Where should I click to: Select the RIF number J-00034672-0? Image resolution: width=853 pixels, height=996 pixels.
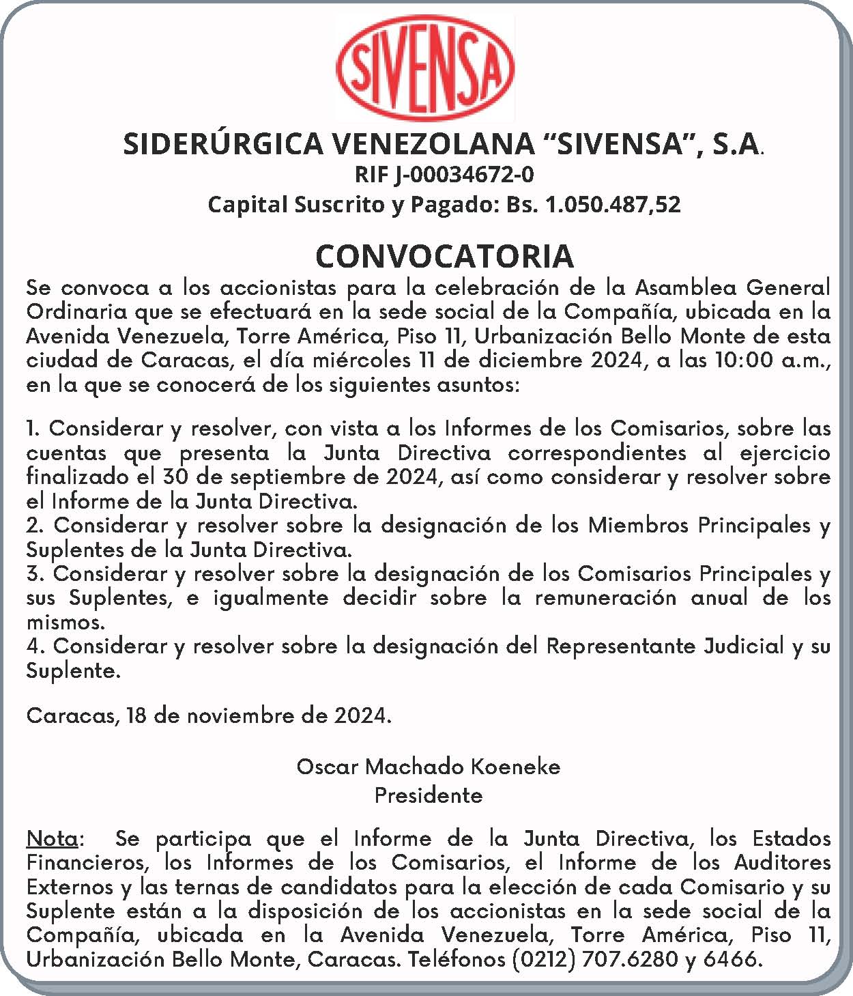(x=464, y=175)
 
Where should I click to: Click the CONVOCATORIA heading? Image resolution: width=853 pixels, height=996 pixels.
(x=444, y=256)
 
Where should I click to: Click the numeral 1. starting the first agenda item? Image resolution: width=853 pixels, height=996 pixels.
(x=33, y=429)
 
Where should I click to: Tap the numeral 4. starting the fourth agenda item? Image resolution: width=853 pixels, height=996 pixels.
(x=35, y=646)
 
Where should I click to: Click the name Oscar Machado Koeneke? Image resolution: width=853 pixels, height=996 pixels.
(x=428, y=767)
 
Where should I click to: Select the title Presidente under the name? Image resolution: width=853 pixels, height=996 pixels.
(x=428, y=795)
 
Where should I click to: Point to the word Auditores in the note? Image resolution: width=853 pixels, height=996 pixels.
(x=782, y=863)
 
